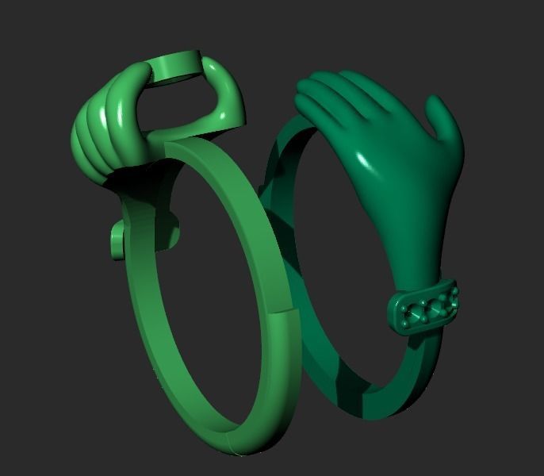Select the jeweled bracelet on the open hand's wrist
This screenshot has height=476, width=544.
(x=424, y=305)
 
